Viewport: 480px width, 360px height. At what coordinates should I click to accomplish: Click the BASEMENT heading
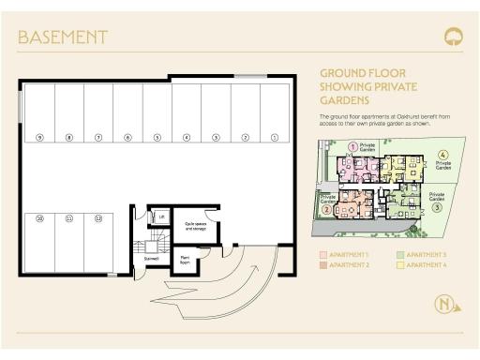point(63,37)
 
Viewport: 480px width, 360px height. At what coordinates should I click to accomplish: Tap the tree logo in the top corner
point(453,37)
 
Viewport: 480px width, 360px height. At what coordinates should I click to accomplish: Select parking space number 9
point(39,138)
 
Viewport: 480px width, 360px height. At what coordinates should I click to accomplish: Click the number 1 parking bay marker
point(275,138)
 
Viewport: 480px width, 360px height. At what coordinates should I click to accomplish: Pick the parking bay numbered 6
point(127,138)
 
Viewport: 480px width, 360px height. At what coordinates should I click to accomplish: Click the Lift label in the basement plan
point(162,216)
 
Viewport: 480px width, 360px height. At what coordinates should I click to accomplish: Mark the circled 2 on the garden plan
point(325,209)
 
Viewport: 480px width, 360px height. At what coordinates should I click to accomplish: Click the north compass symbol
point(444,304)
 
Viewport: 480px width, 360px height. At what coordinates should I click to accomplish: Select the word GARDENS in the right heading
point(344,99)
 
